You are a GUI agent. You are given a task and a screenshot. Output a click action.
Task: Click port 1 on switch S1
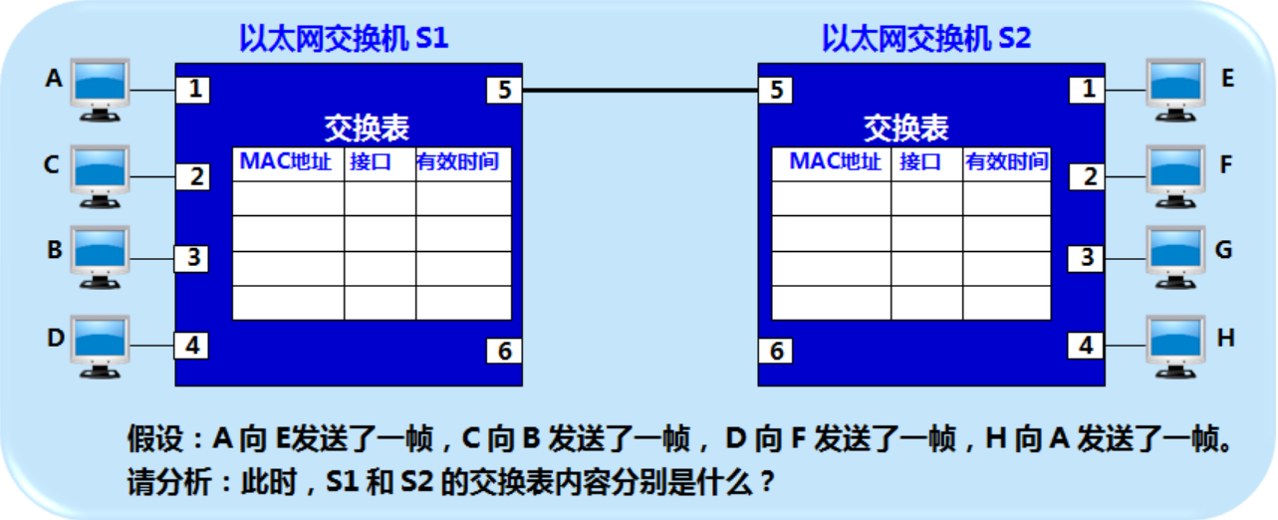tap(195, 90)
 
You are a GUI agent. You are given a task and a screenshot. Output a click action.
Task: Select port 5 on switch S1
tap(504, 91)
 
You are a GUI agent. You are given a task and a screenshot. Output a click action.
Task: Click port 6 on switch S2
tap(777, 351)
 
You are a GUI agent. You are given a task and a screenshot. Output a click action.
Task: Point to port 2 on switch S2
tap(1089, 177)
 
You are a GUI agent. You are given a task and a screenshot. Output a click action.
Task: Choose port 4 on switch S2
tap(1089, 346)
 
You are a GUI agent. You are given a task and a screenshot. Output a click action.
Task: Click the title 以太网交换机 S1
tap(344, 39)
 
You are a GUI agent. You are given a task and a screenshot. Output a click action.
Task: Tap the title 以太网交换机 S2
tap(926, 39)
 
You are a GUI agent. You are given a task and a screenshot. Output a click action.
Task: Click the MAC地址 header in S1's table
tap(288, 162)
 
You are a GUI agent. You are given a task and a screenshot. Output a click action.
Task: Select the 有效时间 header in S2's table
tap(1006, 162)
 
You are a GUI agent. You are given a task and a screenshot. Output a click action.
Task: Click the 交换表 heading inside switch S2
tap(906, 128)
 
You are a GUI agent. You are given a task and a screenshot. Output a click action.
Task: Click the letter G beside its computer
tap(1224, 249)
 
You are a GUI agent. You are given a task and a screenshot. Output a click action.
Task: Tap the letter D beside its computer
tap(55, 337)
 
